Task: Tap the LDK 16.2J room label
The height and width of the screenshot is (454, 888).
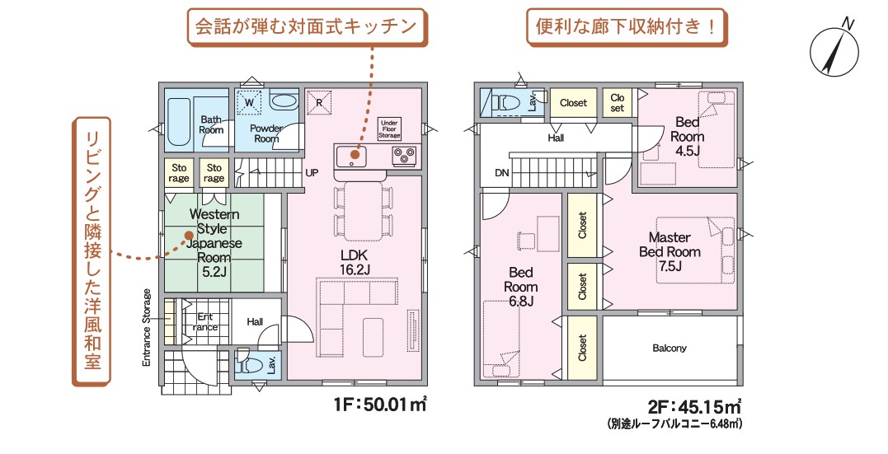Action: point(355,263)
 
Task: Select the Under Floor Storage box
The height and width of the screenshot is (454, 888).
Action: point(389,129)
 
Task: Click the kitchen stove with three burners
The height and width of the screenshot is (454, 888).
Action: point(404,155)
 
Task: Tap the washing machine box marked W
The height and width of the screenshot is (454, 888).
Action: point(249,102)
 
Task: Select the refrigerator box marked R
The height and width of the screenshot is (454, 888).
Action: point(319,102)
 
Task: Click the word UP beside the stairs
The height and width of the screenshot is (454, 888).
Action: point(312,173)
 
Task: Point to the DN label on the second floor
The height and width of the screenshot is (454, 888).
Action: point(502,173)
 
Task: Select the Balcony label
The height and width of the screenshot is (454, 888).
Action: point(670,349)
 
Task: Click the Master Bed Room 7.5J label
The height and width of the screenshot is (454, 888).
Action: point(670,251)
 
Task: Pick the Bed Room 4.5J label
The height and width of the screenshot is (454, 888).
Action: point(688,137)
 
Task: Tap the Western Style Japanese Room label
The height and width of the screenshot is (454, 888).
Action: point(214,243)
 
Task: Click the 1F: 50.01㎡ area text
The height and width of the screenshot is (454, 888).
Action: point(380,405)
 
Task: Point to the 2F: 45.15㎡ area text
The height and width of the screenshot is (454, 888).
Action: point(695,406)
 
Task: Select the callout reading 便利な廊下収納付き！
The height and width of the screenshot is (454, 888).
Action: point(627,26)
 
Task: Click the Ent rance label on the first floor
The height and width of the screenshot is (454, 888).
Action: point(205,322)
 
